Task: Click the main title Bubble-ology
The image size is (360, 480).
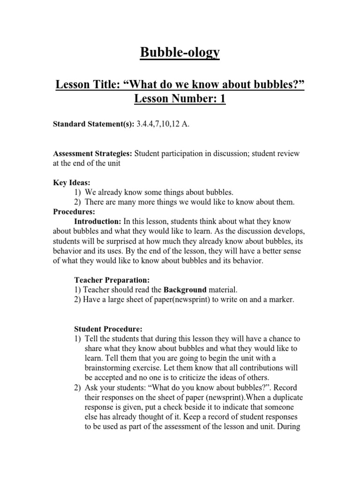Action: click(180, 53)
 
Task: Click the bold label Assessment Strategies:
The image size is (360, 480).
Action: click(94, 154)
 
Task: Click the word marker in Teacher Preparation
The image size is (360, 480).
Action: click(280, 300)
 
